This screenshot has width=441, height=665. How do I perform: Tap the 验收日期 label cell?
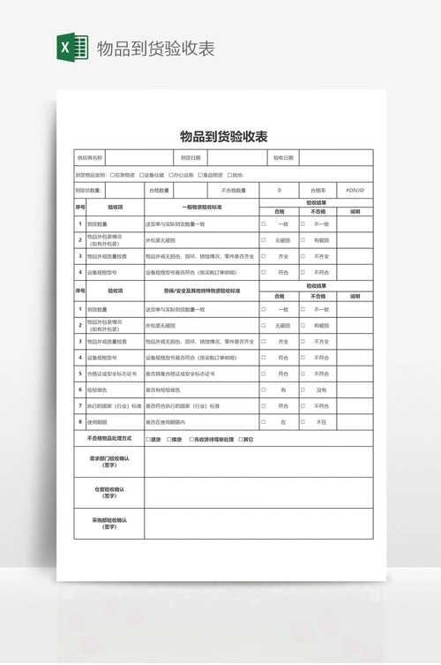pyautogui.click(x=284, y=158)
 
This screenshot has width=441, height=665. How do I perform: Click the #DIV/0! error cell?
pyautogui.click(x=355, y=190)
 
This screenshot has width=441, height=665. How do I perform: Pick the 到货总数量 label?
pyautogui.click(x=89, y=190)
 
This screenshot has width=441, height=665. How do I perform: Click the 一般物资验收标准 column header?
pyautogui.click(x=202, y=206)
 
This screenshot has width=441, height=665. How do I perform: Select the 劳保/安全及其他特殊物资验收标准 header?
pyautogui.click(x=202, y=290)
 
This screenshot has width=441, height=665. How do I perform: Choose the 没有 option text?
pyautogui.click(x=321, y=389)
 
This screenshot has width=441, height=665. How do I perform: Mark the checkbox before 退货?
pyautogui.click(x=148, y=439)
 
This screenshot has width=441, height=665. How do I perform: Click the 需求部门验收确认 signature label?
pyautogui.click(x=109, y=462)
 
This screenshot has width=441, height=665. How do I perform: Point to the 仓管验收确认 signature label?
pyautogui.click(x=109, y=492)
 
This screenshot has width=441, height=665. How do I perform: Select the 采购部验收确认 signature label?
pyautogui.click(x=109, y=523)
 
